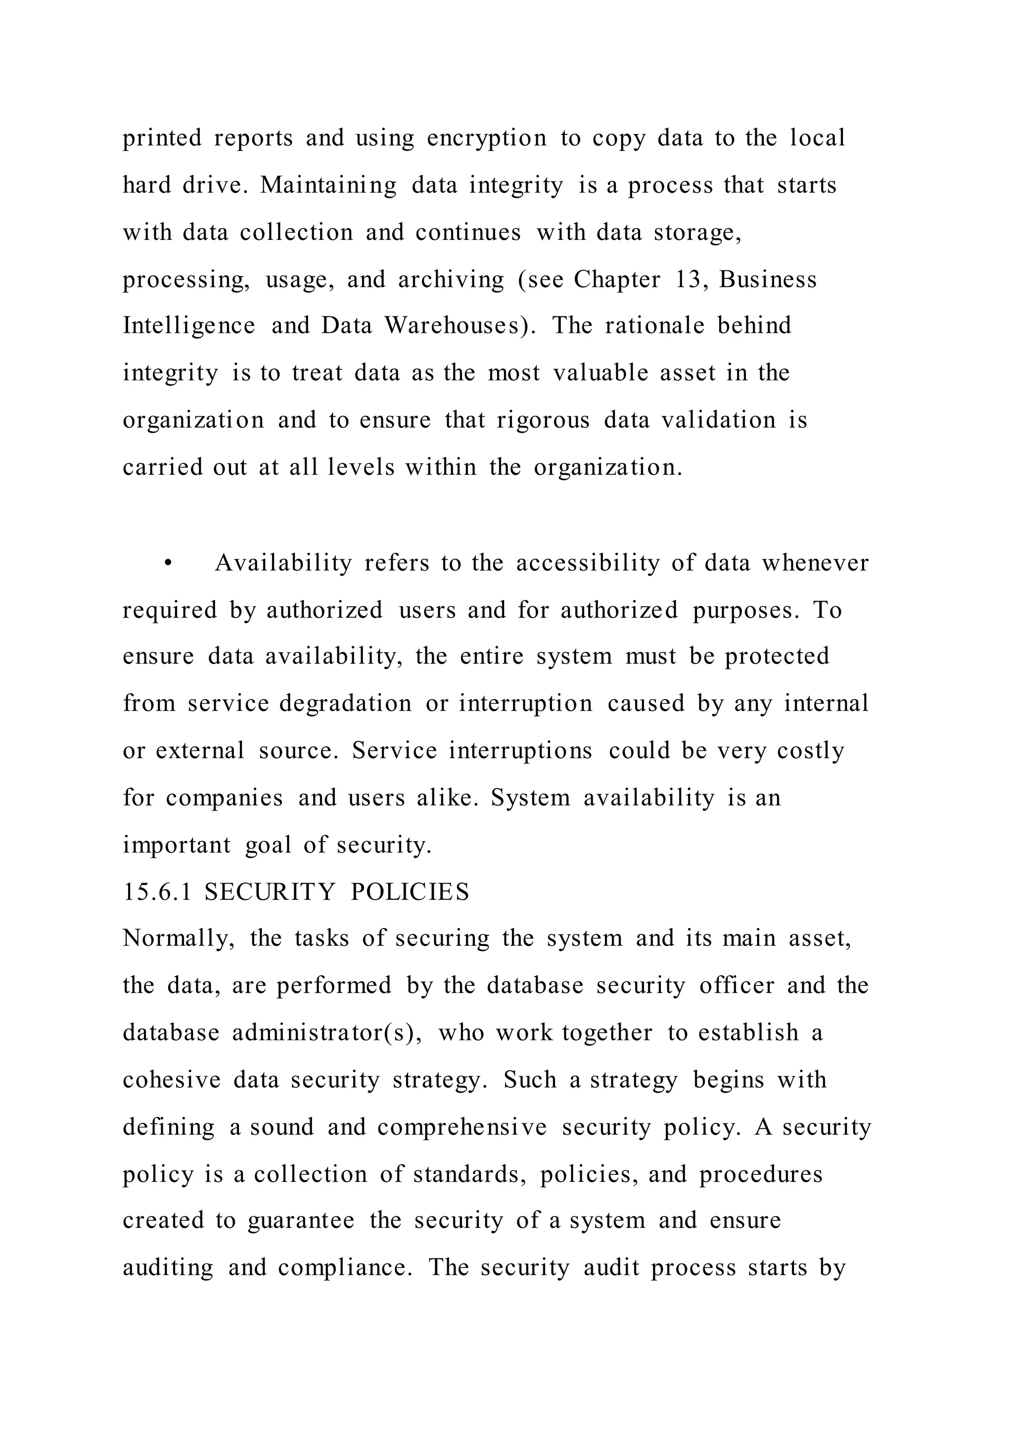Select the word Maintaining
coord(328,185)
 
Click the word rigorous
coord(543,420)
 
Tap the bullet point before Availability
coord(167,564)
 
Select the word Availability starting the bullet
coord(284,563)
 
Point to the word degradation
coord(345,704)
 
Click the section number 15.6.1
coord(157,892)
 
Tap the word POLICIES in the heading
coord(410,892)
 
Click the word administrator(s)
coord(327,1033)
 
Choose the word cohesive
coord(172,1079)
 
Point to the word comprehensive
coord(461,1127)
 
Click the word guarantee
coord(301,1220)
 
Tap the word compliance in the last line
coord(344,1268)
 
